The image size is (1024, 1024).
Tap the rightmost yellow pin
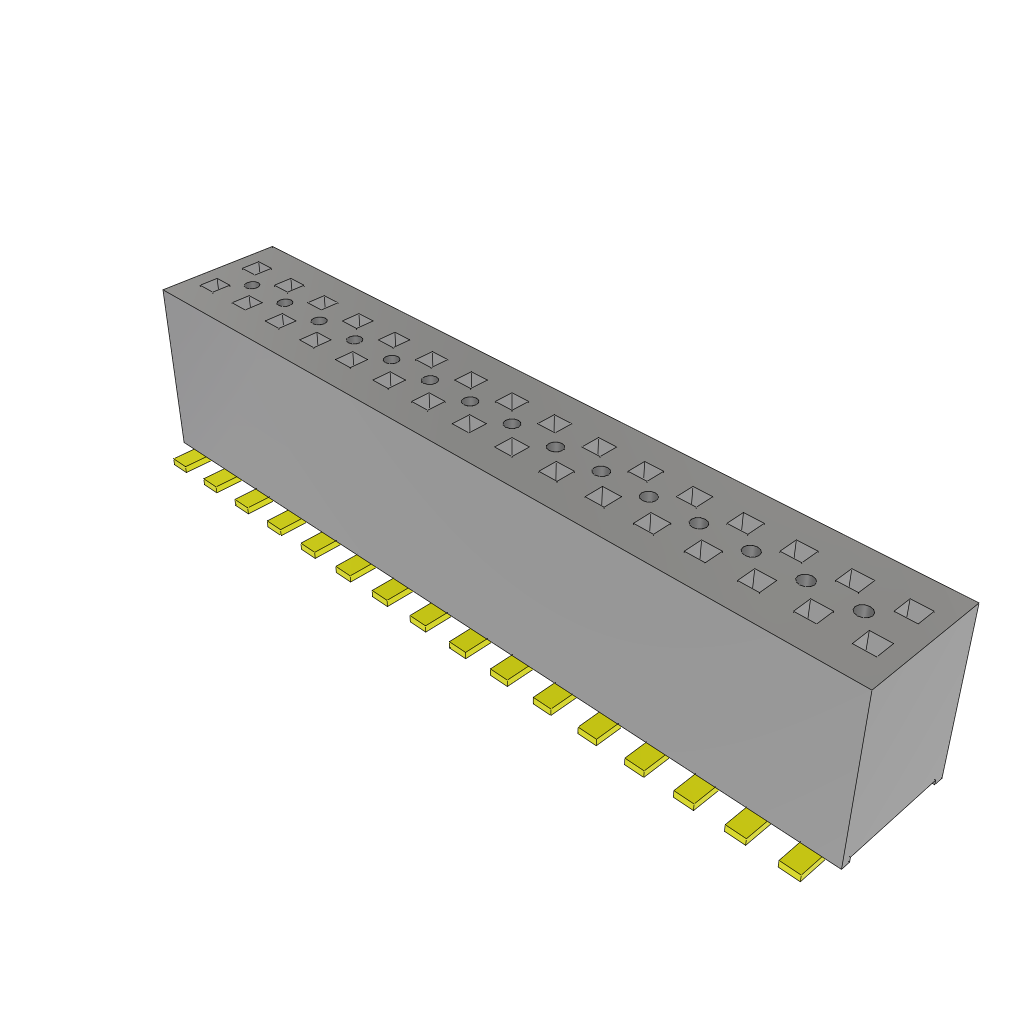tap(801, 861)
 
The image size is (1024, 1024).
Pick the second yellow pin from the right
tap(746, 826)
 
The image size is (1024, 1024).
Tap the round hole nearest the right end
tap(863, 611)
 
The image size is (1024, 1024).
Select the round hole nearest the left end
tap(251, 286)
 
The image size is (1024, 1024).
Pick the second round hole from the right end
tap(805, 580)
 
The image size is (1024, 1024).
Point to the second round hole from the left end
tap(285, 302)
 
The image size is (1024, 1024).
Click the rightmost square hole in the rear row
tap(914, 609)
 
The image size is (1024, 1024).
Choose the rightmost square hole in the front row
tap(873, 643)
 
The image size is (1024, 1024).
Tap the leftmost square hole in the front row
tap(214, 285)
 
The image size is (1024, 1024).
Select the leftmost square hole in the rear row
tap(257, 268)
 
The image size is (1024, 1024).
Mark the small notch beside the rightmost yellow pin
tap(846, 861)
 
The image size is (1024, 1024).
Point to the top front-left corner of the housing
tap(164, 291)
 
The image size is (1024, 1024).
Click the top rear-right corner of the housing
tap(977, 603)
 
